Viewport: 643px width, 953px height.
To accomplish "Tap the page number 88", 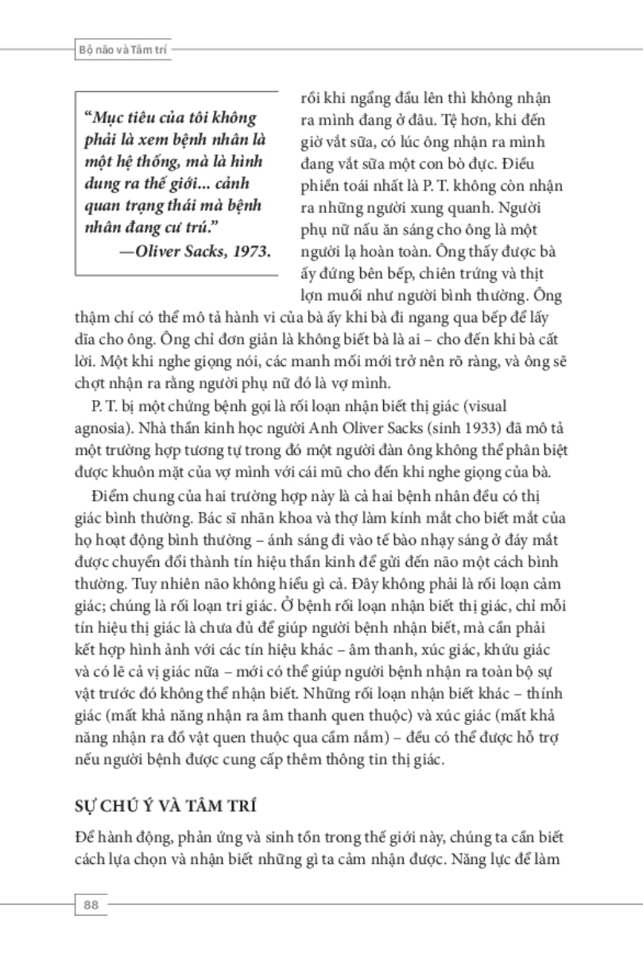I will (x=90, y=904).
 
